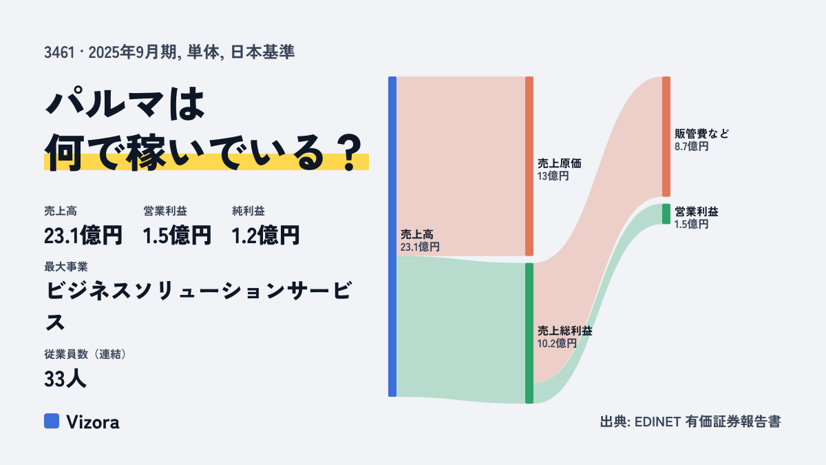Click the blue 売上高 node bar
392,236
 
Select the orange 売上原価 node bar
529,166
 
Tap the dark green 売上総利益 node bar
529,333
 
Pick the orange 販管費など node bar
666,136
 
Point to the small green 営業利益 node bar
666,214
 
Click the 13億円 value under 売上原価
553,176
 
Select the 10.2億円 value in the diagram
557,344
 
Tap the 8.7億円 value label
691,147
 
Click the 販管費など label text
701,134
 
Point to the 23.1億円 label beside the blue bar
420,247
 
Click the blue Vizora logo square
52,421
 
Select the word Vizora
93,422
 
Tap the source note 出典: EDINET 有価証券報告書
690,422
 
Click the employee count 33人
65,379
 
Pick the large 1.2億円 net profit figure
266,236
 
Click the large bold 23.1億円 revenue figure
83,236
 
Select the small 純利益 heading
248,211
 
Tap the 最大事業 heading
66,267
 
